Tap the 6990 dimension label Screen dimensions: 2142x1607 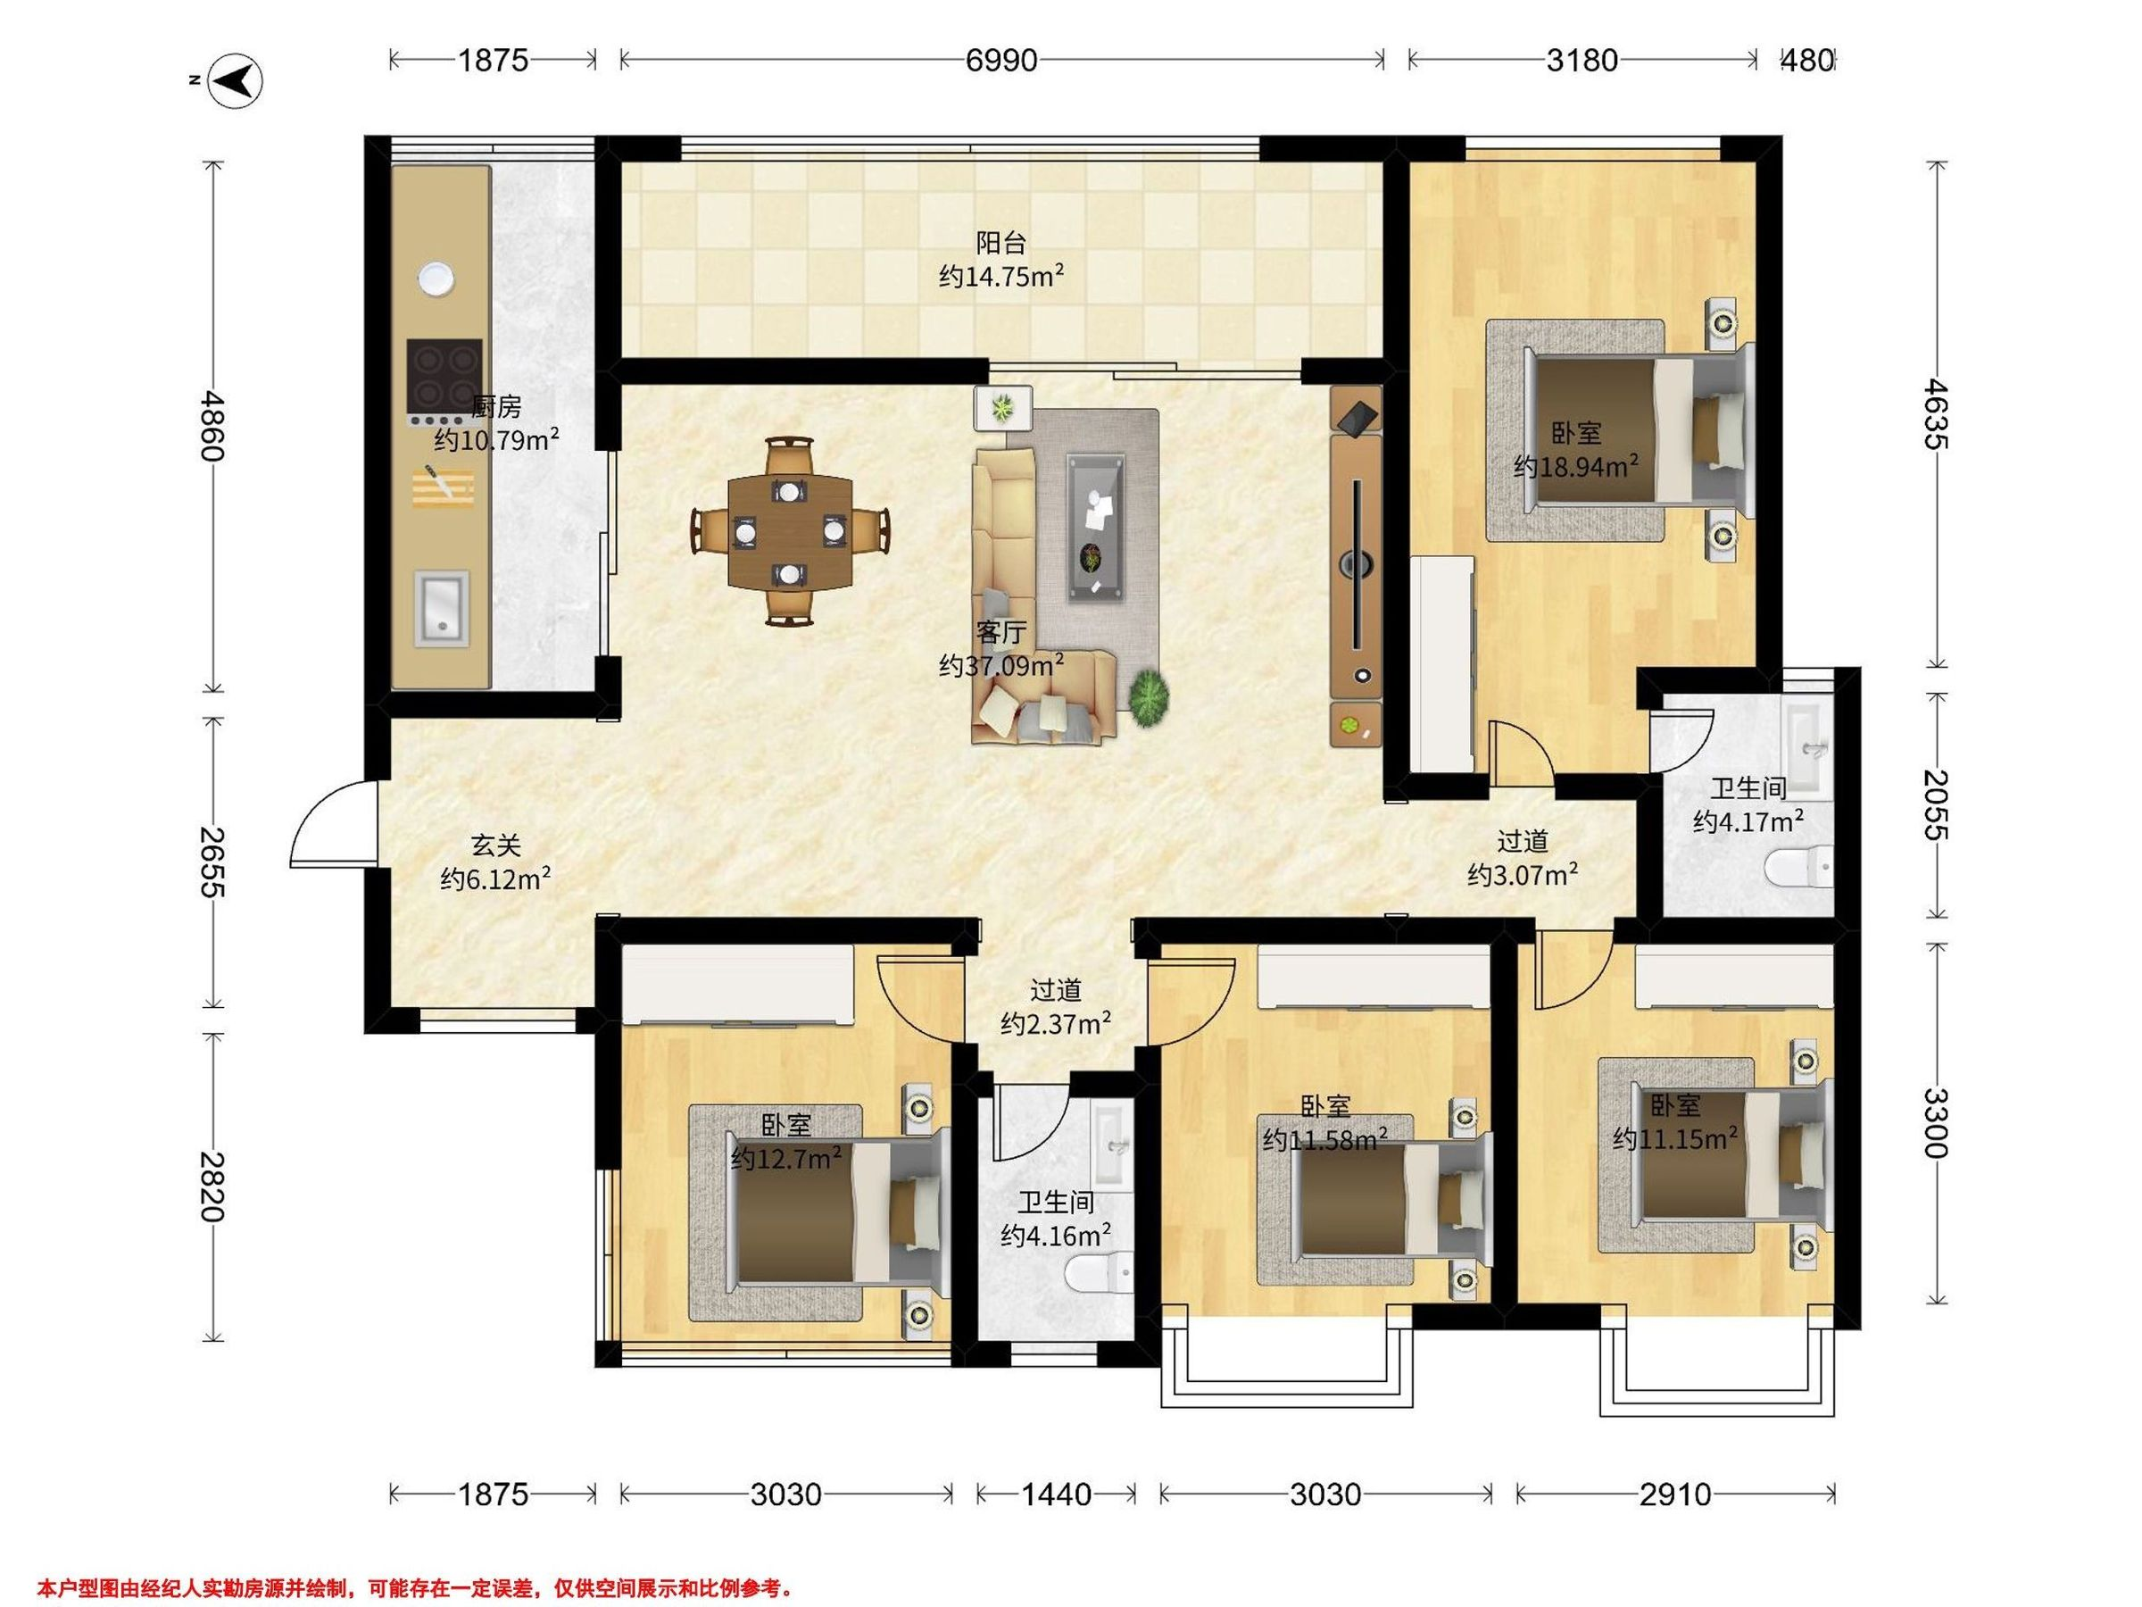(1001, 61)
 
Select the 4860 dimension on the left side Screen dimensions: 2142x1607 (212, 426)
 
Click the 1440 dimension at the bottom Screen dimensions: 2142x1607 (1057, 1495)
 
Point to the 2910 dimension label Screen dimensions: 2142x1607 (1675, 1495)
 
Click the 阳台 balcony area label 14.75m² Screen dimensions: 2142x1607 (1001, 260)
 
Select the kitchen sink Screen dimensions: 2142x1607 (442, 608)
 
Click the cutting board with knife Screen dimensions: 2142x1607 (444, 487)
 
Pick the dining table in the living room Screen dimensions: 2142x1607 (790, 532)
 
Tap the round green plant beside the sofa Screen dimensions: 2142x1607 (1149, 695)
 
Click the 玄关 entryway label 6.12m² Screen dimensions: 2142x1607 (496, 862)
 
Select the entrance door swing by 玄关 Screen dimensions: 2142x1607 (330, 823)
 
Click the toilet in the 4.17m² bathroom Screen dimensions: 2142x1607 (1798, 867)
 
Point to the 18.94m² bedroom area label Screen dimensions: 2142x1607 (1576, 451)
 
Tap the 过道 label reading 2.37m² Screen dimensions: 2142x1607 (1056, 1007)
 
